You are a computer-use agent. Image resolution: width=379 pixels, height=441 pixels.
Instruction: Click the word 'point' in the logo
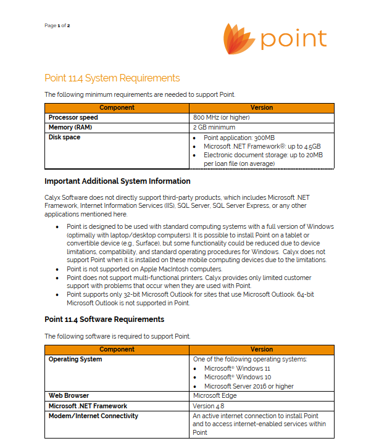point(293,39)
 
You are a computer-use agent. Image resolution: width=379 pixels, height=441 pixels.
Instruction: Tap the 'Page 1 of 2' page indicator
point(57,25)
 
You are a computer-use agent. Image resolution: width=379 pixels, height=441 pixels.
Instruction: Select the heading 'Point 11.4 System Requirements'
point(112,78)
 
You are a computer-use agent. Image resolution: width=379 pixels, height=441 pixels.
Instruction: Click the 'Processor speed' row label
point(73,117)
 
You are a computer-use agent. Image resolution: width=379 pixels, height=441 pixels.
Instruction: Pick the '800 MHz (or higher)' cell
point(222,117)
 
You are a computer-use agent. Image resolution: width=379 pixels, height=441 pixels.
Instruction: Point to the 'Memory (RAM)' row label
point(70,127)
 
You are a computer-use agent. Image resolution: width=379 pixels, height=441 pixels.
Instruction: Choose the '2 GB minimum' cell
point(214,127)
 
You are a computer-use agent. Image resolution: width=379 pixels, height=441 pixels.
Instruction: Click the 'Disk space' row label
point(65,137)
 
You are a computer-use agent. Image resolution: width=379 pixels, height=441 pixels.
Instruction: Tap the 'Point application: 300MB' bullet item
point(239,138)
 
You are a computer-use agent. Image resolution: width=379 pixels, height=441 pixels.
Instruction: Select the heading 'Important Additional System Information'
point(117,181)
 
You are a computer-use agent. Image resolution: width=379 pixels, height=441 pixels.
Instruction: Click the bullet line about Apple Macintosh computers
point(144,269)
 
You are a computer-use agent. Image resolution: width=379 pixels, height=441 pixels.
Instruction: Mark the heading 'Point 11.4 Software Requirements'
point(104,319)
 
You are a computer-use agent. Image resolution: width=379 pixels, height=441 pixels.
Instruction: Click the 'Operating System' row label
point(75,359)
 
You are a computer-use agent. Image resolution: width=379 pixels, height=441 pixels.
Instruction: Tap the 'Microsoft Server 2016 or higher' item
point(249,386)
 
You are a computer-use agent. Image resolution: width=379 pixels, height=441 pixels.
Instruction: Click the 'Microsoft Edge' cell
point(215,396)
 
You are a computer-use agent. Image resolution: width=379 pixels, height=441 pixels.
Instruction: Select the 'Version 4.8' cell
point(209,406)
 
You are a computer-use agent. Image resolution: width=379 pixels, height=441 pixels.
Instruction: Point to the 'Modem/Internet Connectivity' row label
point(94,416)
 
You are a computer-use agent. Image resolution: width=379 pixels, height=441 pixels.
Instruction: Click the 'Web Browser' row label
point(69,396)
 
